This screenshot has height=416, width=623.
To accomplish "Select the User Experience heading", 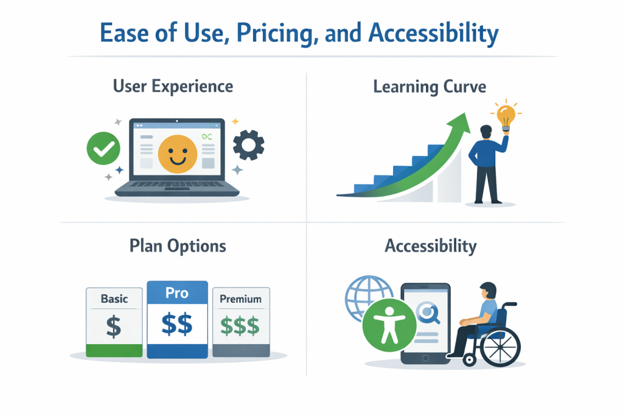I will [x=173, y=86].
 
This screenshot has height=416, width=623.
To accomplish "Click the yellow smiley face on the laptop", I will [x=178, y=150].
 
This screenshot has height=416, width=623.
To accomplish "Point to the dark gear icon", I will [x=249, y=146].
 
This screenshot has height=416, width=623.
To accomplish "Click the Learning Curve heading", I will [x=430, y=86].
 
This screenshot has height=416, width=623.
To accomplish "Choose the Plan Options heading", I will [x=178, y=246].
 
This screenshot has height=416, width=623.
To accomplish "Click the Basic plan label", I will [x=114, y=299].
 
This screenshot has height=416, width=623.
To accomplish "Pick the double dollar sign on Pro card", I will [x=178, y=323].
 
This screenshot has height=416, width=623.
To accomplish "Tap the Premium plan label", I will [x=240, y=299].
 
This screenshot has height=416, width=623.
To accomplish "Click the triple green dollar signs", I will [x=240, y=326].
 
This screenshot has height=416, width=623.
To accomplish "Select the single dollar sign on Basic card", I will [x=114, y=326].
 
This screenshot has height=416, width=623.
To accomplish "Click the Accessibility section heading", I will [x=430, y=246].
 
